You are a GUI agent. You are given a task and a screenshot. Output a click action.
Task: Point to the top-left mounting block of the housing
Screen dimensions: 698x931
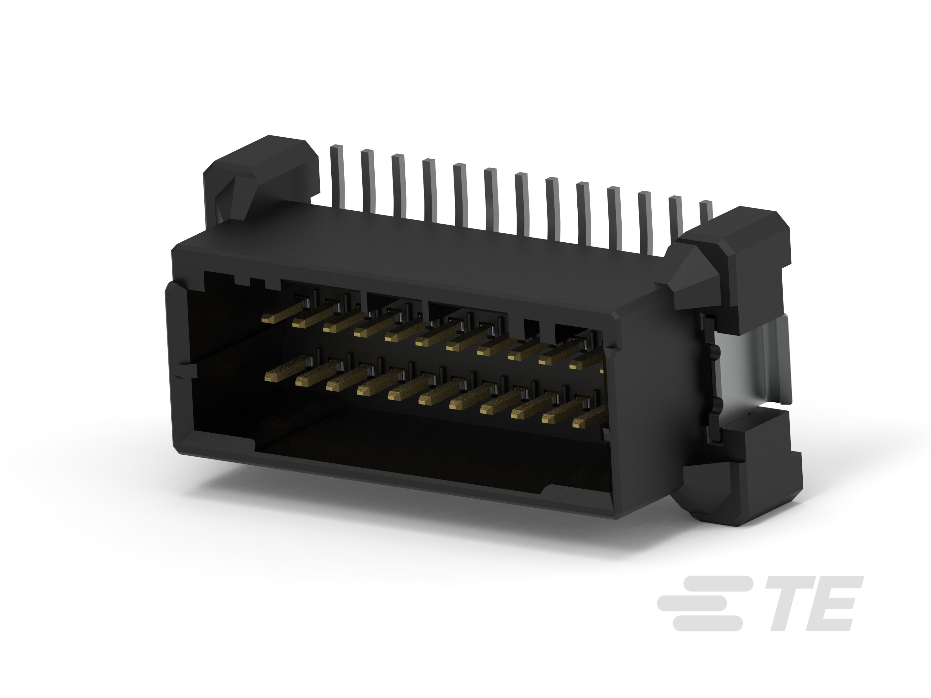click(x=261, y=168)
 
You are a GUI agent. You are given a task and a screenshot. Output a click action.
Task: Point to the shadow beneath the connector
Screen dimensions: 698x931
click(x=421, y=517)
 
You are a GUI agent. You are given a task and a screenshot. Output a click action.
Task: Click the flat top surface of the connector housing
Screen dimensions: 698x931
click(x=421, y=252)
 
